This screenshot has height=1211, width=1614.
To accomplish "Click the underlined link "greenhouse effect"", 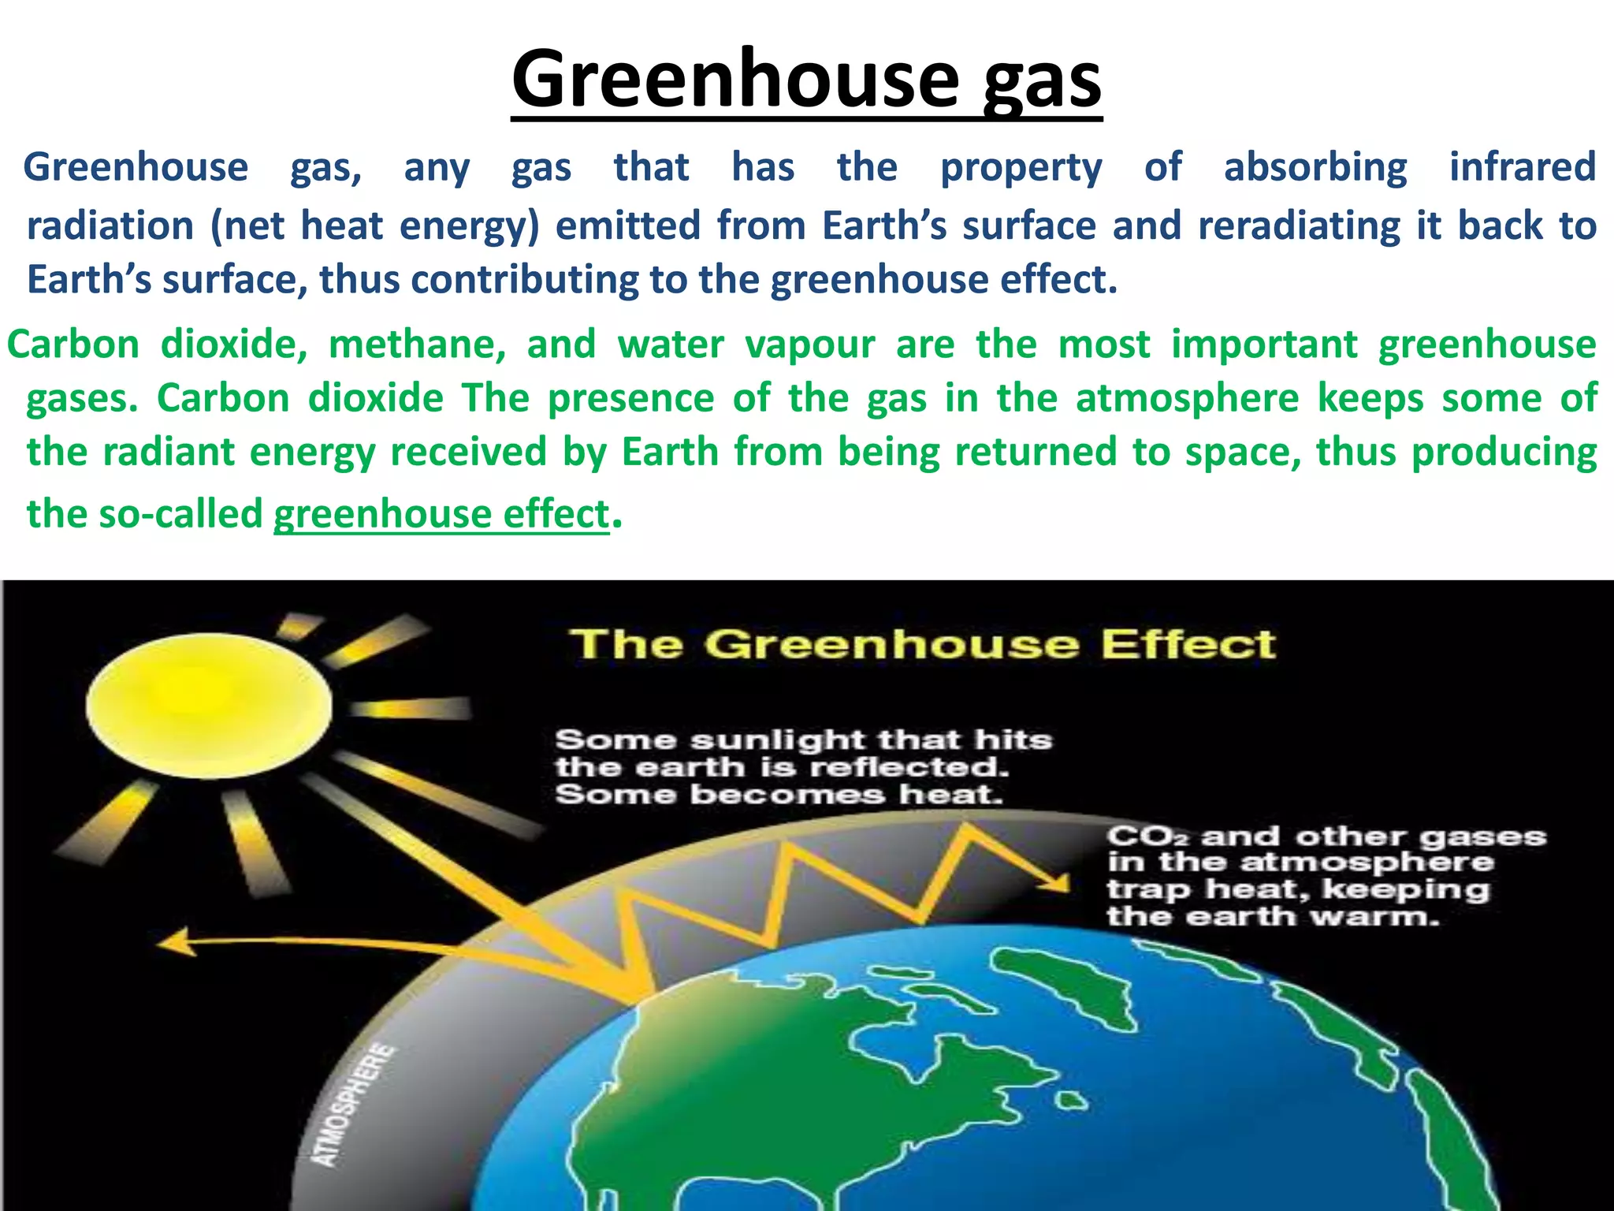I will click(441, 514).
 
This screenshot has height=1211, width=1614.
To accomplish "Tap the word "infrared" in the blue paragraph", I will click(1523, 167).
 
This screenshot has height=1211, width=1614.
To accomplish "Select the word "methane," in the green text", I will click(417, 345).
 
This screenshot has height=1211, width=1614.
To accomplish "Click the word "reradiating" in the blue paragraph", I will click(1299, 225).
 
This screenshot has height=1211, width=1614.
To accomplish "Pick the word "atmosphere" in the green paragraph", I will click(1187, 397).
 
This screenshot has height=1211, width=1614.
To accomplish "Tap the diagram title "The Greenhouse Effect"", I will click(922, 644).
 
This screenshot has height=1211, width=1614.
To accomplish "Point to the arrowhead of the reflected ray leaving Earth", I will click(175, 942).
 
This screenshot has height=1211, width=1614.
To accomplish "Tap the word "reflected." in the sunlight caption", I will click(909, 767).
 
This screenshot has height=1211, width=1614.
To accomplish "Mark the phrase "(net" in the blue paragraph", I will click(246, 226).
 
